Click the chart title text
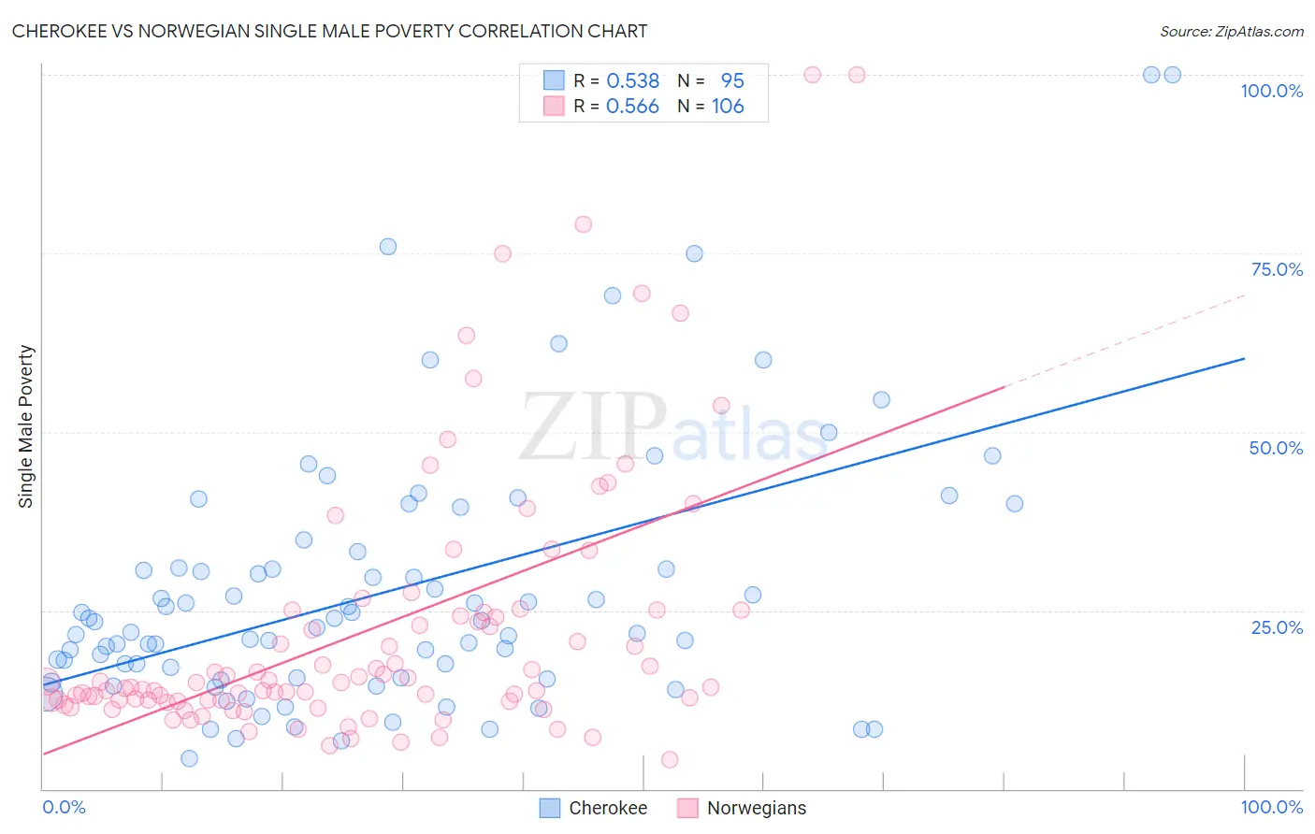[329, 31]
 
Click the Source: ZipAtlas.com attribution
[1231, 31]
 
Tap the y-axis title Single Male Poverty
[26, 426]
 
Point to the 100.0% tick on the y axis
[1271, 91]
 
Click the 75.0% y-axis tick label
[1276, 269]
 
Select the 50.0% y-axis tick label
[1275, 448]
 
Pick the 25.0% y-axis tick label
[1276, 627]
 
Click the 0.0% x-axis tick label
[64, 807]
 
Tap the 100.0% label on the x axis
[1271, 807]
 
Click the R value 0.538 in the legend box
[632, 81]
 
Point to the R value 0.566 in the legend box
[632, 107]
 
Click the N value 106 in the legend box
[728, 107]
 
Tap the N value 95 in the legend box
[732, 81]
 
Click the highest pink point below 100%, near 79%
[583, 224]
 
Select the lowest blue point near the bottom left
[189, 758]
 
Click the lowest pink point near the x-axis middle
[670, 759]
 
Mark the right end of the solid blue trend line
[1244, 358]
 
